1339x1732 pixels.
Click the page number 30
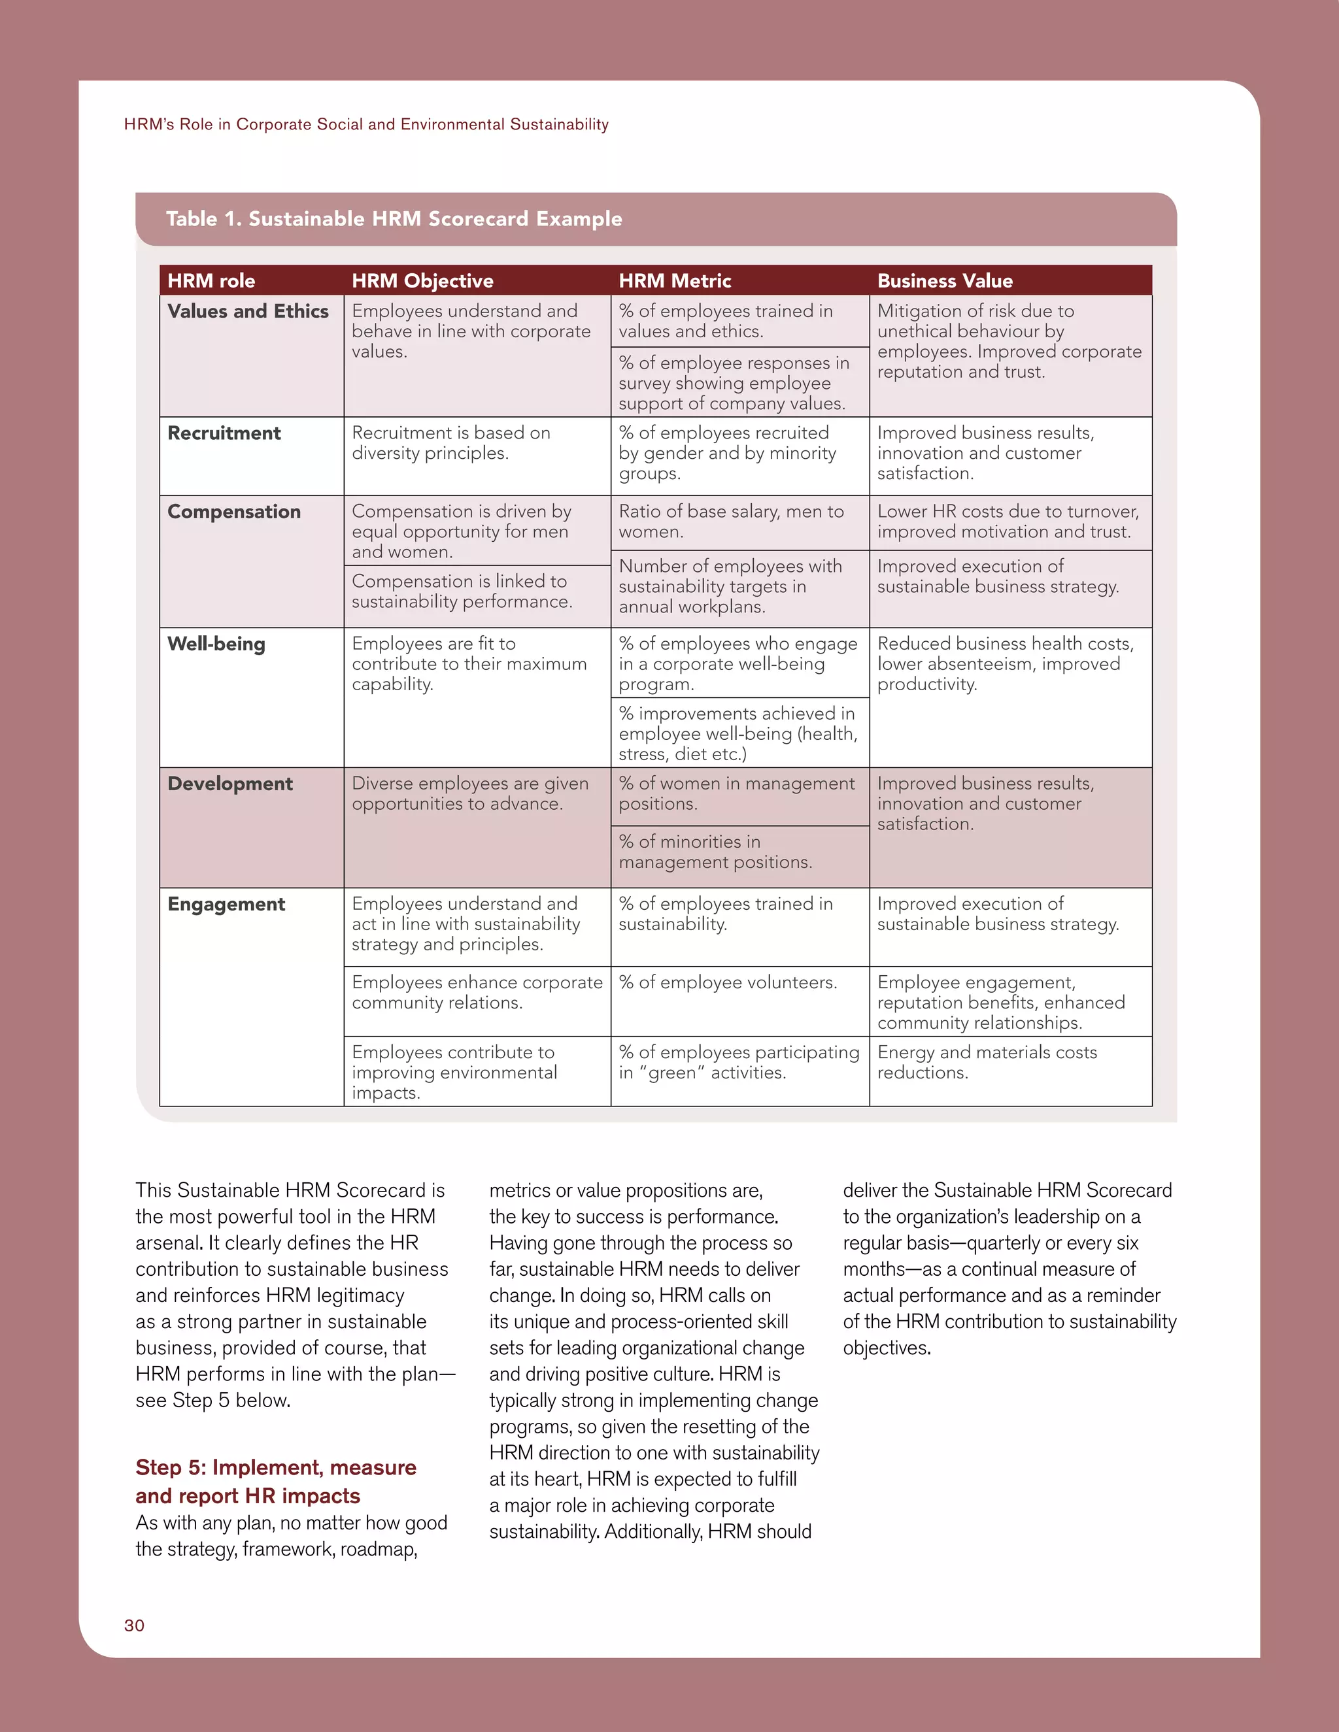point(134,1625)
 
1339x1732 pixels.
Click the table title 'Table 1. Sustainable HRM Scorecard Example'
point(394,219)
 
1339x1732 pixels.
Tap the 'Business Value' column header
point(944,281)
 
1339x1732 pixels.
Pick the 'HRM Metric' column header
point(674,281)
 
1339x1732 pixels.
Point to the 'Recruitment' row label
point(224,433)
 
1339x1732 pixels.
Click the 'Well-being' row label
point(216,644)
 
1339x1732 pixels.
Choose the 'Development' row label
point(230,784)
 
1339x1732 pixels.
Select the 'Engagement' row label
point(226,904)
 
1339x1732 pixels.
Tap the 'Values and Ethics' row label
point(248,311)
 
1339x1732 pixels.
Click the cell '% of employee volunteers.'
point(728,982)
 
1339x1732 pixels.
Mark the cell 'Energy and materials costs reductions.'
point(986,1062)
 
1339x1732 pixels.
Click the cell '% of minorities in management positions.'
point(715,852)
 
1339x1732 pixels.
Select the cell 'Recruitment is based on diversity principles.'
point(450,442)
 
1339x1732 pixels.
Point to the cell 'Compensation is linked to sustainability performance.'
point(462,591)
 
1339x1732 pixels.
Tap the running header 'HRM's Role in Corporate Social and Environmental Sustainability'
point(365,124)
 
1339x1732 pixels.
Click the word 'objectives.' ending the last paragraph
point(886,1348)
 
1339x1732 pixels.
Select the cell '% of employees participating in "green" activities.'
point(739,1062)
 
